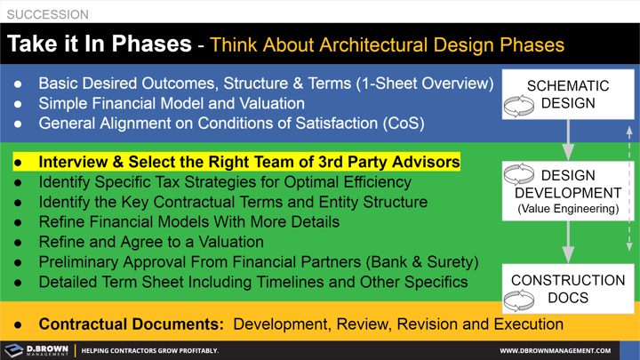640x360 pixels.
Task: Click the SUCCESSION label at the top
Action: (48, 14)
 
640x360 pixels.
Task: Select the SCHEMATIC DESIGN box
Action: (568, 95)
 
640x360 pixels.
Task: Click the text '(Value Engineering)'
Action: (568, 209)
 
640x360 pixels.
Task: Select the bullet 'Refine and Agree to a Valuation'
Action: (151, 242)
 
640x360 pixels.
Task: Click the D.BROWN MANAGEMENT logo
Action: (36, 349)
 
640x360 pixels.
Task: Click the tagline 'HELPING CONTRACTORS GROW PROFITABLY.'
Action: (150, 350)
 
